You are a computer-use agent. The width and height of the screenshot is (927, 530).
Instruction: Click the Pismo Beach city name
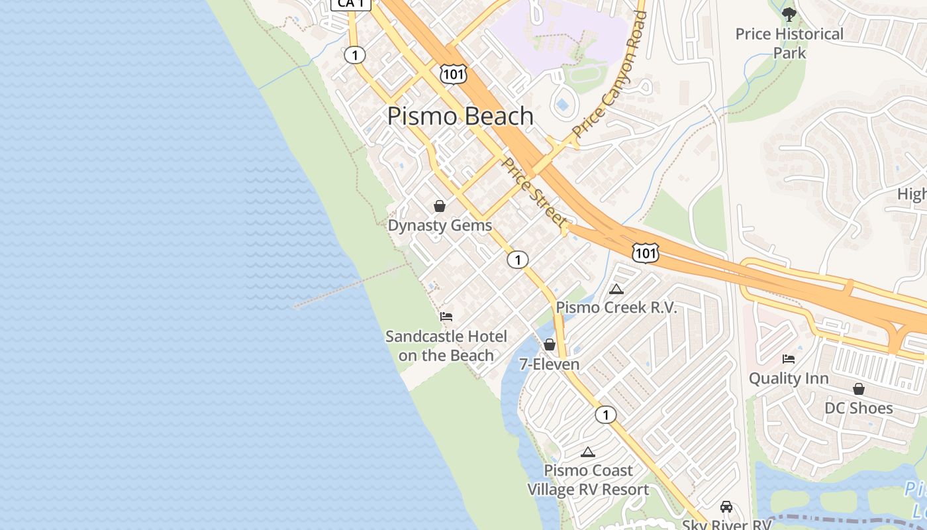460,116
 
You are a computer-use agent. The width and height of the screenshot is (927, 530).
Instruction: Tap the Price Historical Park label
789,43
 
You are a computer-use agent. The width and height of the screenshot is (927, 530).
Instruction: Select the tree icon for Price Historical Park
789,14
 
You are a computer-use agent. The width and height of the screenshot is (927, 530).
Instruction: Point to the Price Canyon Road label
610,73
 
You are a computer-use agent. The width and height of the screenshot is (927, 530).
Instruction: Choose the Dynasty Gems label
440,225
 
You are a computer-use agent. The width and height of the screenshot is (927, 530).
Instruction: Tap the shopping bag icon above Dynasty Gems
440,206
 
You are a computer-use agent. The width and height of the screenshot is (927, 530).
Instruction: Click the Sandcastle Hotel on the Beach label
446,346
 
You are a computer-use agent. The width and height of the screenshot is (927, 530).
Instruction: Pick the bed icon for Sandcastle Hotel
446,317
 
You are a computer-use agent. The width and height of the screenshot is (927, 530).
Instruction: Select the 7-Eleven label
550,364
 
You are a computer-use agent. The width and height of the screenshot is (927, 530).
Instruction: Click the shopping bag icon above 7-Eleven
550,344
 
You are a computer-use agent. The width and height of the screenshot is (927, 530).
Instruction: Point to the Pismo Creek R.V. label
616,307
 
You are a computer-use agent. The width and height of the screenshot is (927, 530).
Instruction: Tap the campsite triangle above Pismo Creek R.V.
616,289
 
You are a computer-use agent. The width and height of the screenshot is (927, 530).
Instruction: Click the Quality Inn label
789,378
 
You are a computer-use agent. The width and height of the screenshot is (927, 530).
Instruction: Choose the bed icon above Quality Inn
789,359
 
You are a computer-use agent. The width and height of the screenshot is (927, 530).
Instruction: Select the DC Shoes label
858,408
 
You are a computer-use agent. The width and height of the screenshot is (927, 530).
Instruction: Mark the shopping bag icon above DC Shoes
859,389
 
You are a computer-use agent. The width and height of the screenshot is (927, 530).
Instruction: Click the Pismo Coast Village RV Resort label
588,480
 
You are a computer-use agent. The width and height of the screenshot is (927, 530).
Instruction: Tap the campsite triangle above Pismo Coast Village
587,452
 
